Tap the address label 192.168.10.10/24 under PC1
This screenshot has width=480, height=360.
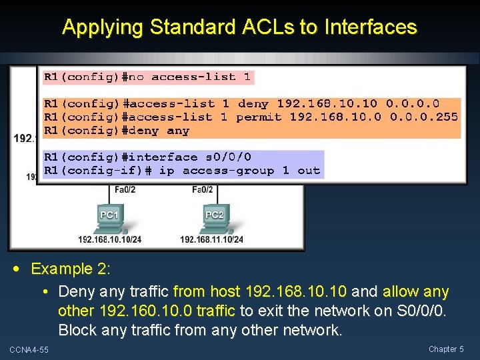pos(109,240)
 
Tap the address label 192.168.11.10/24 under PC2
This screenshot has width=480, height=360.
pos(212,240)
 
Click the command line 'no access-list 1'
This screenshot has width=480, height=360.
pos(147,77)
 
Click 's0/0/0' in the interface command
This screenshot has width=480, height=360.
pos(228,157)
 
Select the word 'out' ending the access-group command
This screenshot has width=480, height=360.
pos(309,171)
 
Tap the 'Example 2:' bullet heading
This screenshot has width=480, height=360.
pos(71,269)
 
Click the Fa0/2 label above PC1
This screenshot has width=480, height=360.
pos(125,190)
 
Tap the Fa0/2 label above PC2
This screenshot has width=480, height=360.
pos(203,190)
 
